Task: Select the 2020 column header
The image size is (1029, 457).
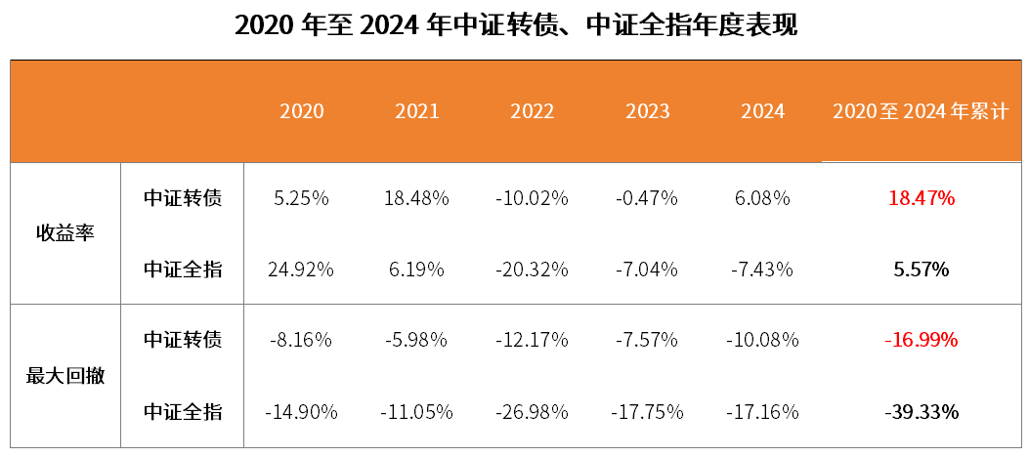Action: click(x=301, y=111)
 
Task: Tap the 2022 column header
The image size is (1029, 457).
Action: click(x=532, y=111)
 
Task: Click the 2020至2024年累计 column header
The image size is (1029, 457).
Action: click(x=920, y=111)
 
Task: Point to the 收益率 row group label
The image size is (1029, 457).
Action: click(x=65, y=233)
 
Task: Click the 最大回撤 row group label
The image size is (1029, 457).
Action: click(x=65, y=376)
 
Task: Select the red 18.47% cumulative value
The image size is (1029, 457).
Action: click(x=921, y=198)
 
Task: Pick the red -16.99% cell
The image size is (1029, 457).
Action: click(x=921, y=340)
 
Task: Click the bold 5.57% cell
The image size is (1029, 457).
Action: click(x=921, y=269)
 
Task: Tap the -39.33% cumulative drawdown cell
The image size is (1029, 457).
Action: click(x=921, y=411)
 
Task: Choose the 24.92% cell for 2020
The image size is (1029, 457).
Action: click(x=301, y=269)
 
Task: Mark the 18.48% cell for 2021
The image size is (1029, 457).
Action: click(x=416, y=198)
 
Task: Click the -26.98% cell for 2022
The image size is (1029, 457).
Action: click(x=532, y=411)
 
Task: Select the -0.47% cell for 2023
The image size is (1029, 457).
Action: click(x=647, y=198)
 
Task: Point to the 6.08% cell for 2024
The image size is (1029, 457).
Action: click(x=762, y=198)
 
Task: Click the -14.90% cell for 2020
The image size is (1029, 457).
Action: click(x=301, y=411)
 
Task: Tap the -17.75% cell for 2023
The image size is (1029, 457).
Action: click(x=647, y=411)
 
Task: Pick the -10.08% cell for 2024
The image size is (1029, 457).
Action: click(x=762, y=340)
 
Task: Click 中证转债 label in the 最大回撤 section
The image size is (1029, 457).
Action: click(x=183, y=340)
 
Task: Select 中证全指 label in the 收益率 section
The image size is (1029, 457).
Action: click(x=183, y=269)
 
